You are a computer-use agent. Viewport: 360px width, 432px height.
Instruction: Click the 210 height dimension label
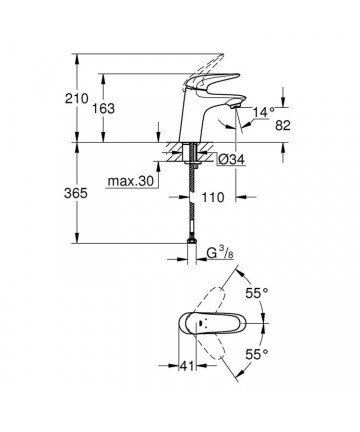77,99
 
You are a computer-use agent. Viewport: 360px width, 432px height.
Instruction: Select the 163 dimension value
103,108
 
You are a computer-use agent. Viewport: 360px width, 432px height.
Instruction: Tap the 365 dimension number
76,193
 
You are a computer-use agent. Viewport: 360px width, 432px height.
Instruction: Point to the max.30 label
131,181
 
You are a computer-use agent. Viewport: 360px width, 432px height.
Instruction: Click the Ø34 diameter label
232,160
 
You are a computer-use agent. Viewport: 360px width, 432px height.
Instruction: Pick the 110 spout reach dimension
213,197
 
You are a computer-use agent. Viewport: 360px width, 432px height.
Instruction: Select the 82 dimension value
283,125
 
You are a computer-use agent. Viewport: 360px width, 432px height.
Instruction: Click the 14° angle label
263,112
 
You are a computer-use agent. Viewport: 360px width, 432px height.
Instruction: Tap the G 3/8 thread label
220,254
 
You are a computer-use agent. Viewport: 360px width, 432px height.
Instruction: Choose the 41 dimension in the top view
187,366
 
